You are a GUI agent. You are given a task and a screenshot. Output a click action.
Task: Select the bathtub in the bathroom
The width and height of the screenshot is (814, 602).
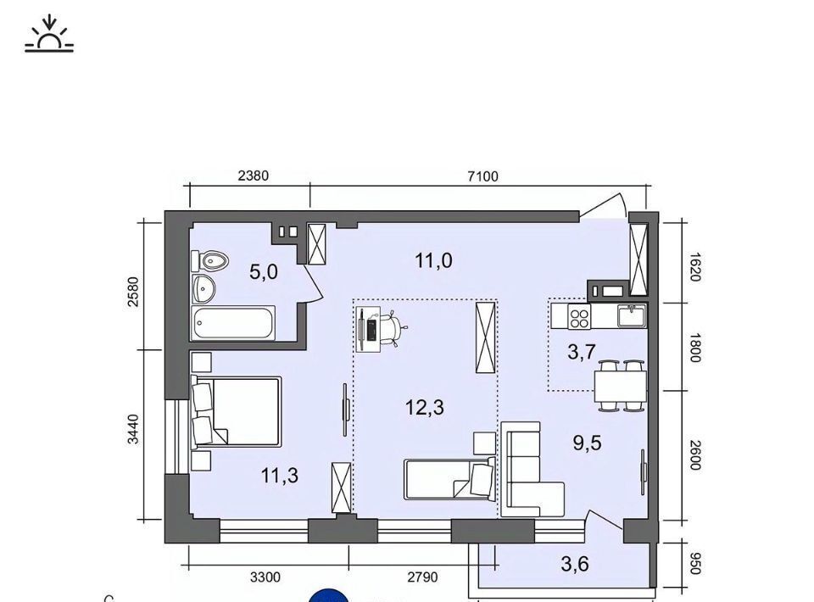click(x=232, y=323)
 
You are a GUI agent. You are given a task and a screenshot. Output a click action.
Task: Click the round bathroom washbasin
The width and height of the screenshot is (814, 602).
click(x=203, y=288)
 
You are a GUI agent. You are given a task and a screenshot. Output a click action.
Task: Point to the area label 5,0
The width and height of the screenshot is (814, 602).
click(x=264, y=271)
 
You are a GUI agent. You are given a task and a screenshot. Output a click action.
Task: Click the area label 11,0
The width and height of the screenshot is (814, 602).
click(x=433, y=260)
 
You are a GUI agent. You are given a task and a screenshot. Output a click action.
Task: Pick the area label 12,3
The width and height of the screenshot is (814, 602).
click(x=425, y=407)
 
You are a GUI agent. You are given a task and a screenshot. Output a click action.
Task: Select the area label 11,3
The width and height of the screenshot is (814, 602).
click(x=280, y=475)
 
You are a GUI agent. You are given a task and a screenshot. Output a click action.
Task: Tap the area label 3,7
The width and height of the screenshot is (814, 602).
click(x=582, y=353)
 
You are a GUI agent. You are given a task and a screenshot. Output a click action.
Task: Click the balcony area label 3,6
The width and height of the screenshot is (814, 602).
click(x=575, y=564)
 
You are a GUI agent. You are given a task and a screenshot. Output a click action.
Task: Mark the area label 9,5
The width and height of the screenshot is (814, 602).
click(x=587, y=443)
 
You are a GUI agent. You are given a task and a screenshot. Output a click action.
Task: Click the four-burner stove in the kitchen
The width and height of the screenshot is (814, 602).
click(x=579, y=316)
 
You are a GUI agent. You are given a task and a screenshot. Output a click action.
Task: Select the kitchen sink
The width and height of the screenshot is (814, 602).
click(x=631, y=315)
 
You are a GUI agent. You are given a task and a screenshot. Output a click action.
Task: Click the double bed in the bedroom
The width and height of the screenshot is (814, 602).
click(x=237, y=412)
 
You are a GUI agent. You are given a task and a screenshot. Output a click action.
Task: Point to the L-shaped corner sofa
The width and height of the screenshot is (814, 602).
click(x=532, y=470)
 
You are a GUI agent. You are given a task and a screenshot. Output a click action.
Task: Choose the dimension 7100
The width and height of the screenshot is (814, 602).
click(x=482, y=176)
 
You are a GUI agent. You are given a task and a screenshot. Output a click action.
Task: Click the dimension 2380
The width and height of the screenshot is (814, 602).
click(x=254, y=176)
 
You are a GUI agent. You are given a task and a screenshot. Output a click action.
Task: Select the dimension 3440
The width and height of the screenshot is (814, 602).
click(x=133, y=429)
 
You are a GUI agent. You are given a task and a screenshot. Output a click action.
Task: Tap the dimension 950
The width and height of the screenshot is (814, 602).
click(x=696, y=564)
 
